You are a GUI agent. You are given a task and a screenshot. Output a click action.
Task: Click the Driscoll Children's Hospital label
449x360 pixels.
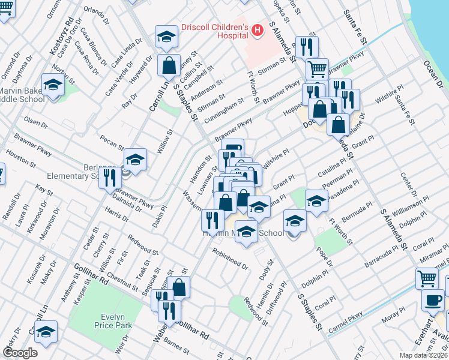[214, 31]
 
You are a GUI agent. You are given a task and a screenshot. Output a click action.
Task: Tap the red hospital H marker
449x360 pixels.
[258, 29]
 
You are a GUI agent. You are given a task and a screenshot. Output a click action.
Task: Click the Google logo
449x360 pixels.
[20, 353]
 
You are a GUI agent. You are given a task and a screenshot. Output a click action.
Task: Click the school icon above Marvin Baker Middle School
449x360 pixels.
[53, 85]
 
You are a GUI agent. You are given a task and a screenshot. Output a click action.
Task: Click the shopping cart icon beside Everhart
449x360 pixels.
[427, 278]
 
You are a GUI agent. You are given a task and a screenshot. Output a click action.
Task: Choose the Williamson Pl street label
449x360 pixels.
[411, 209]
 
